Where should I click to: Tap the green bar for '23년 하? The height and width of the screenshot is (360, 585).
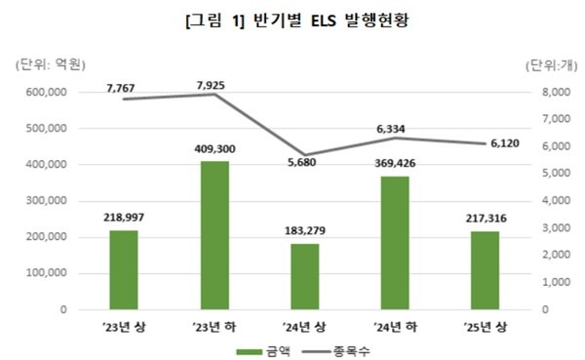point(214,235)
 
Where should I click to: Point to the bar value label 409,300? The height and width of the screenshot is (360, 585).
point(214,148)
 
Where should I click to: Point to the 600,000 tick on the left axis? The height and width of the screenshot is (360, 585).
point(44,92)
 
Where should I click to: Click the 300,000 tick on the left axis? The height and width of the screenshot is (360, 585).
point(44,201)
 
